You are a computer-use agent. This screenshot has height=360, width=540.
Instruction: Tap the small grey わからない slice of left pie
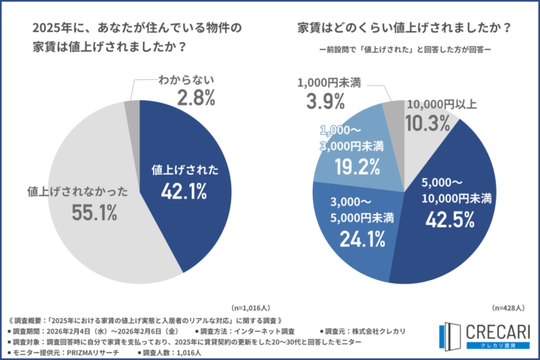(x=133, y=108)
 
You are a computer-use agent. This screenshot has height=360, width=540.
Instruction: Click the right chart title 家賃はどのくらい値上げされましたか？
(x=404, y=28)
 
